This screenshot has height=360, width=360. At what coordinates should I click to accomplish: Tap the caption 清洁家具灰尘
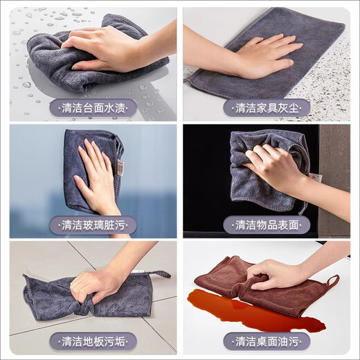[x=267, y=108]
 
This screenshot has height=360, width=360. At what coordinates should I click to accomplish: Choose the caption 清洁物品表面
[x=267, y=225]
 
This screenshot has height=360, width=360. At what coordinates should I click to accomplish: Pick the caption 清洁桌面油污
[x=267, y=341]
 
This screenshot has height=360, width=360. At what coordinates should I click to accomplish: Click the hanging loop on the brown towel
[x=332, y=280]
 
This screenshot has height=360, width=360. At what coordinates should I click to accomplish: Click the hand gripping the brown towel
[x=277, y=273]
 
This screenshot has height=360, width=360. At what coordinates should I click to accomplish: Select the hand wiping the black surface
[x=273, y=166]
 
